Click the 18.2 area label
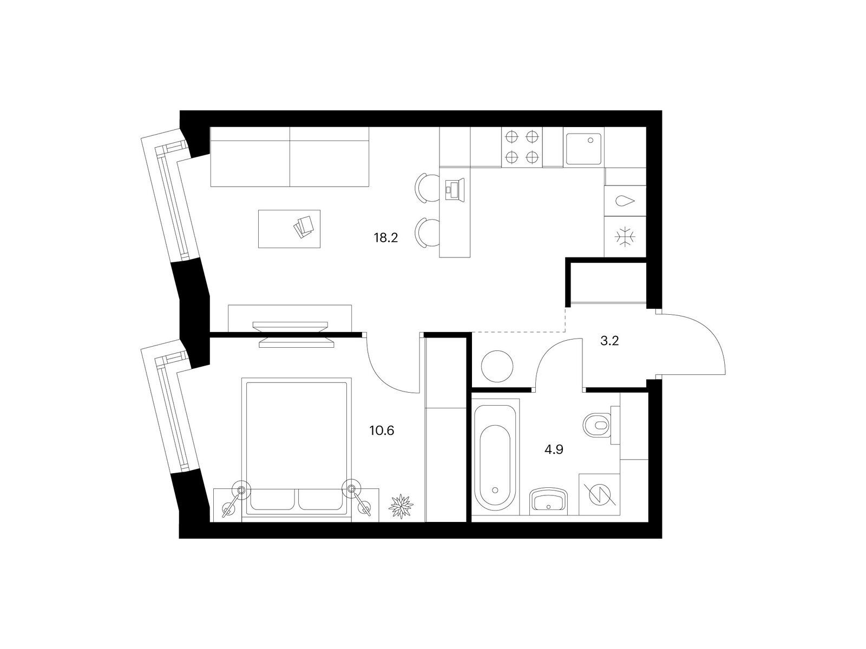pyautogui.click(x=385, y=238)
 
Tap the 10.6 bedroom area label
pyautogui.click(x=382, y=431)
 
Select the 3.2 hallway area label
pyautogui.click(x=609, y=341)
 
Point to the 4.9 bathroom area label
pyautogui.click(x=554, y=449)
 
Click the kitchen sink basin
pyautogui.click(x=583, y=149)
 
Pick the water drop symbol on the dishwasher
pyautogui.click(x=625, y=201)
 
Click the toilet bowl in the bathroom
pyautogui.click(x=597, y=425)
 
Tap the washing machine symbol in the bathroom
pyautogui.click(x=599, y=495)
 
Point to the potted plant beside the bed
pyautogui.click(x=401, y=506)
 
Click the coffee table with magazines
pyautogui.click(x=289, y=229)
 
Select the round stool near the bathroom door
pyautogui.click(x=497, y=366)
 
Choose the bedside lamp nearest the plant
pyautogui.click(x=357, y=498)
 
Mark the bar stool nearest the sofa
pyautogui.click(x=427, y=188)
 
